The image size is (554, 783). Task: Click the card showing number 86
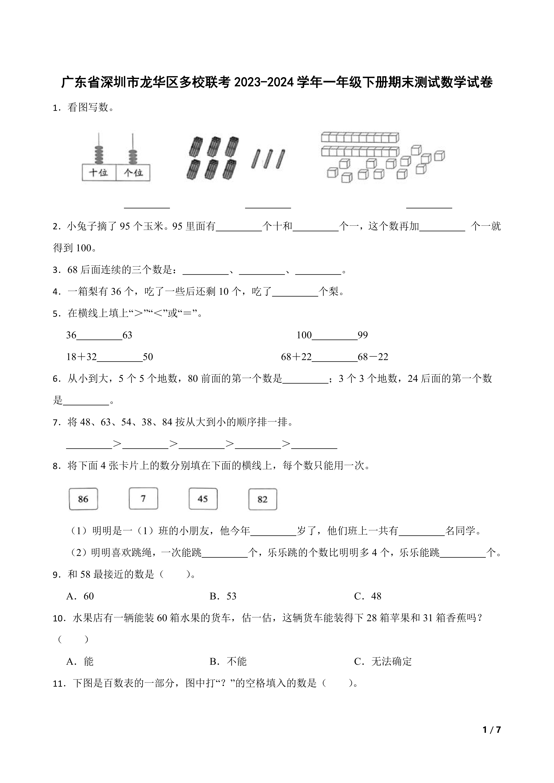point(83,499)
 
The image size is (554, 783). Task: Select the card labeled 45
point(203,499)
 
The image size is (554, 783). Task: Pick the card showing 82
point(262,499)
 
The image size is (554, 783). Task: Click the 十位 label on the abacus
point(99,173)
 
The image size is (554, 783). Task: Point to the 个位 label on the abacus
point(133,173)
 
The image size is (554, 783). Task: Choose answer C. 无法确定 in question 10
point(383,661)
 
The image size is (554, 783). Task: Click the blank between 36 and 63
point(99,335)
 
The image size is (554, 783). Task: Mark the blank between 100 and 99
point(335,335)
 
